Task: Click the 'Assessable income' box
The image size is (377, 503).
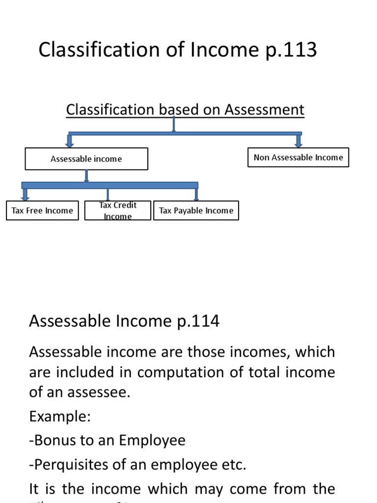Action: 86,159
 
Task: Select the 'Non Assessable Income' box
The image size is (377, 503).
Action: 298,158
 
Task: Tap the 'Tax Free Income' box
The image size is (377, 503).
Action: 42,211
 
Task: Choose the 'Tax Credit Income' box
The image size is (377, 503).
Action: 118,211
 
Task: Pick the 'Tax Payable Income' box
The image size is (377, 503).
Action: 196,211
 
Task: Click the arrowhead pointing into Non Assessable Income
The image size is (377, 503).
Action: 298,143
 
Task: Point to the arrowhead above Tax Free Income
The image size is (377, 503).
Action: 26,197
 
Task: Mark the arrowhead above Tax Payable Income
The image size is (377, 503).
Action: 196,197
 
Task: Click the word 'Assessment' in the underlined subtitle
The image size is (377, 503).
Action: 264,110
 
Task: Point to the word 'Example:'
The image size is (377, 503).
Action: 60,417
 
